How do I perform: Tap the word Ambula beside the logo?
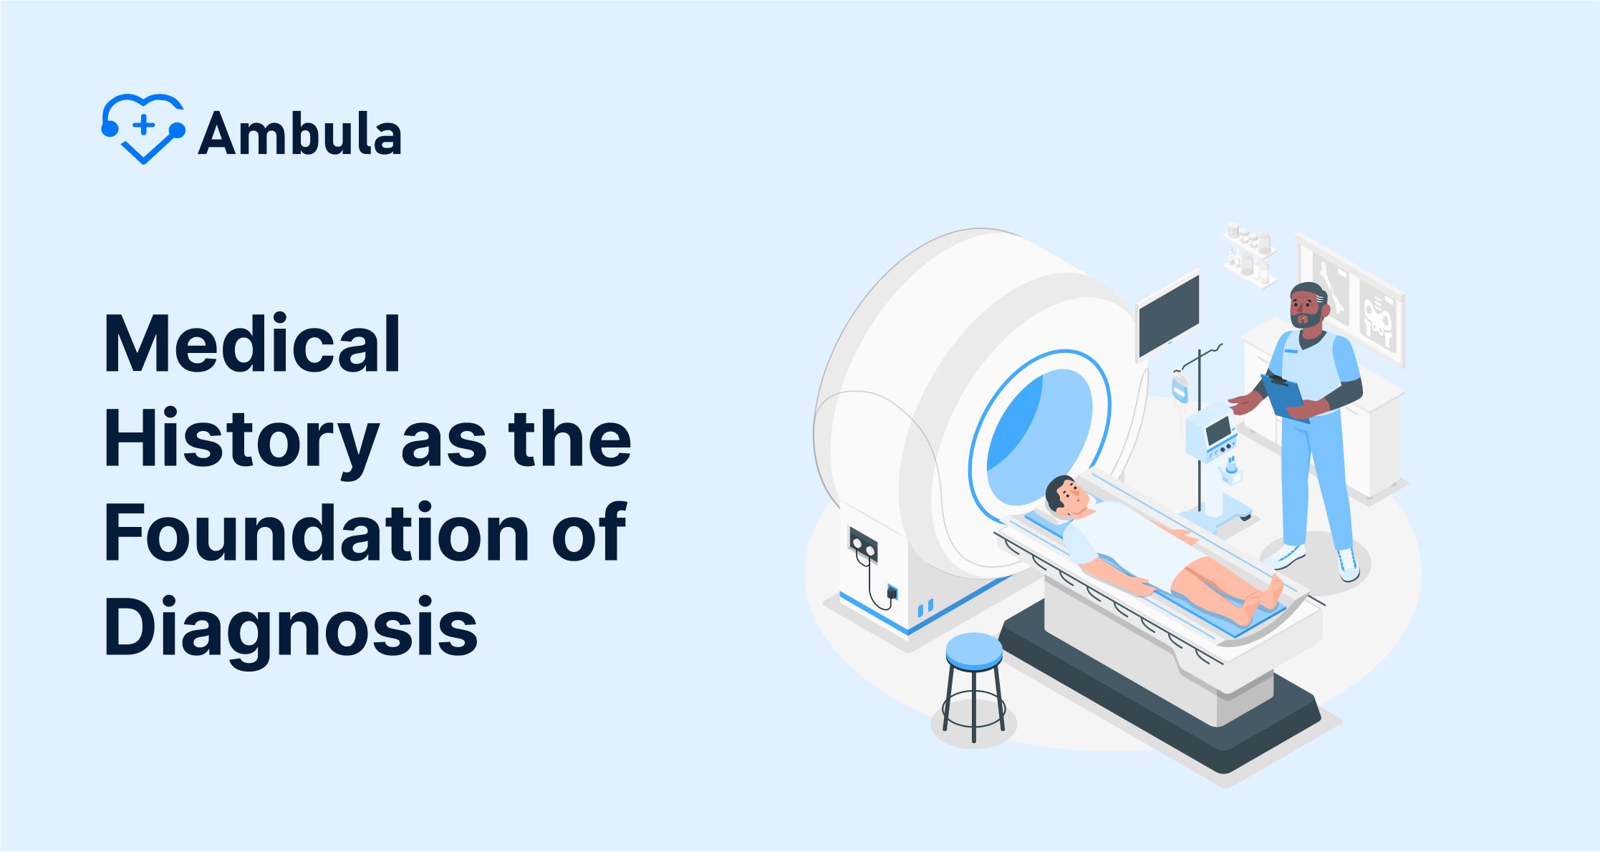[x=300, y=133]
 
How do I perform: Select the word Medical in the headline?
[x=252, y=344]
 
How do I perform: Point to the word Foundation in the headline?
[x=317, y=532]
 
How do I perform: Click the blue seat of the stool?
[x=974, y=651]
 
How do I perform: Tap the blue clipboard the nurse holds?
[x=1284, y=396]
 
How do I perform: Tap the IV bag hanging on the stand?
[x=1179, y=387]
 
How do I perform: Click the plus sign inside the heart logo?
[x=144, y=125]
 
